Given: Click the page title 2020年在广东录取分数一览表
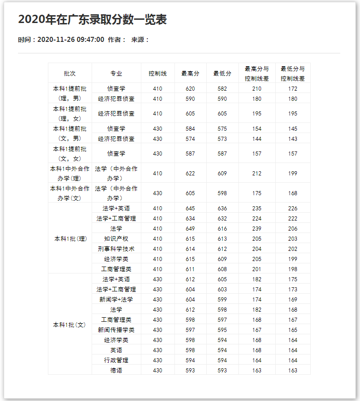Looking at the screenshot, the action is click(x=92, y=19).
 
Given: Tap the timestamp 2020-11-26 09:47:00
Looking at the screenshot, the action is click(x=70, y=40).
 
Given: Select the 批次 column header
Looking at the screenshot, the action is click(x=70, y=73).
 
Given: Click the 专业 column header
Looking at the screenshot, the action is click(x=116, y=73).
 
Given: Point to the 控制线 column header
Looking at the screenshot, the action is click(x=157, y=73).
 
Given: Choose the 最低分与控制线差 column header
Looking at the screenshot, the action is click(x=293, y=73).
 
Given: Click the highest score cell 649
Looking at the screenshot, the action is click(x=190, y=229).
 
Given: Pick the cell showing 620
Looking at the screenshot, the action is click(x=190, y=88).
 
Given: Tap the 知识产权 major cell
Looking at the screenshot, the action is click(x=116, y=238).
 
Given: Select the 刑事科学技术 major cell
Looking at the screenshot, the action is click(x=116, y=249).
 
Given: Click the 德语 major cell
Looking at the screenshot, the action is click(x=116, y=370).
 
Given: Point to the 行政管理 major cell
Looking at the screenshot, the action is click(x=116, y=360).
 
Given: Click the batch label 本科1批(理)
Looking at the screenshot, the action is click(x=70, y=238).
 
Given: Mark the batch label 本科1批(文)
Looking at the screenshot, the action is click(x=70, y=325).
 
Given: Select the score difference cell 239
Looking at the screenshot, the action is click(x=257, y=229).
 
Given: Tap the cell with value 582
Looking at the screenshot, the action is click(x=222, y=88).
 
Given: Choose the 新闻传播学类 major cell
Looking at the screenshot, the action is click(x=116, y=330).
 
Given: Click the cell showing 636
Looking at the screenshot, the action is click(x=222, y=209).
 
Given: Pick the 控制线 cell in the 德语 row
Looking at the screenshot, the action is click(x=157, y=370).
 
